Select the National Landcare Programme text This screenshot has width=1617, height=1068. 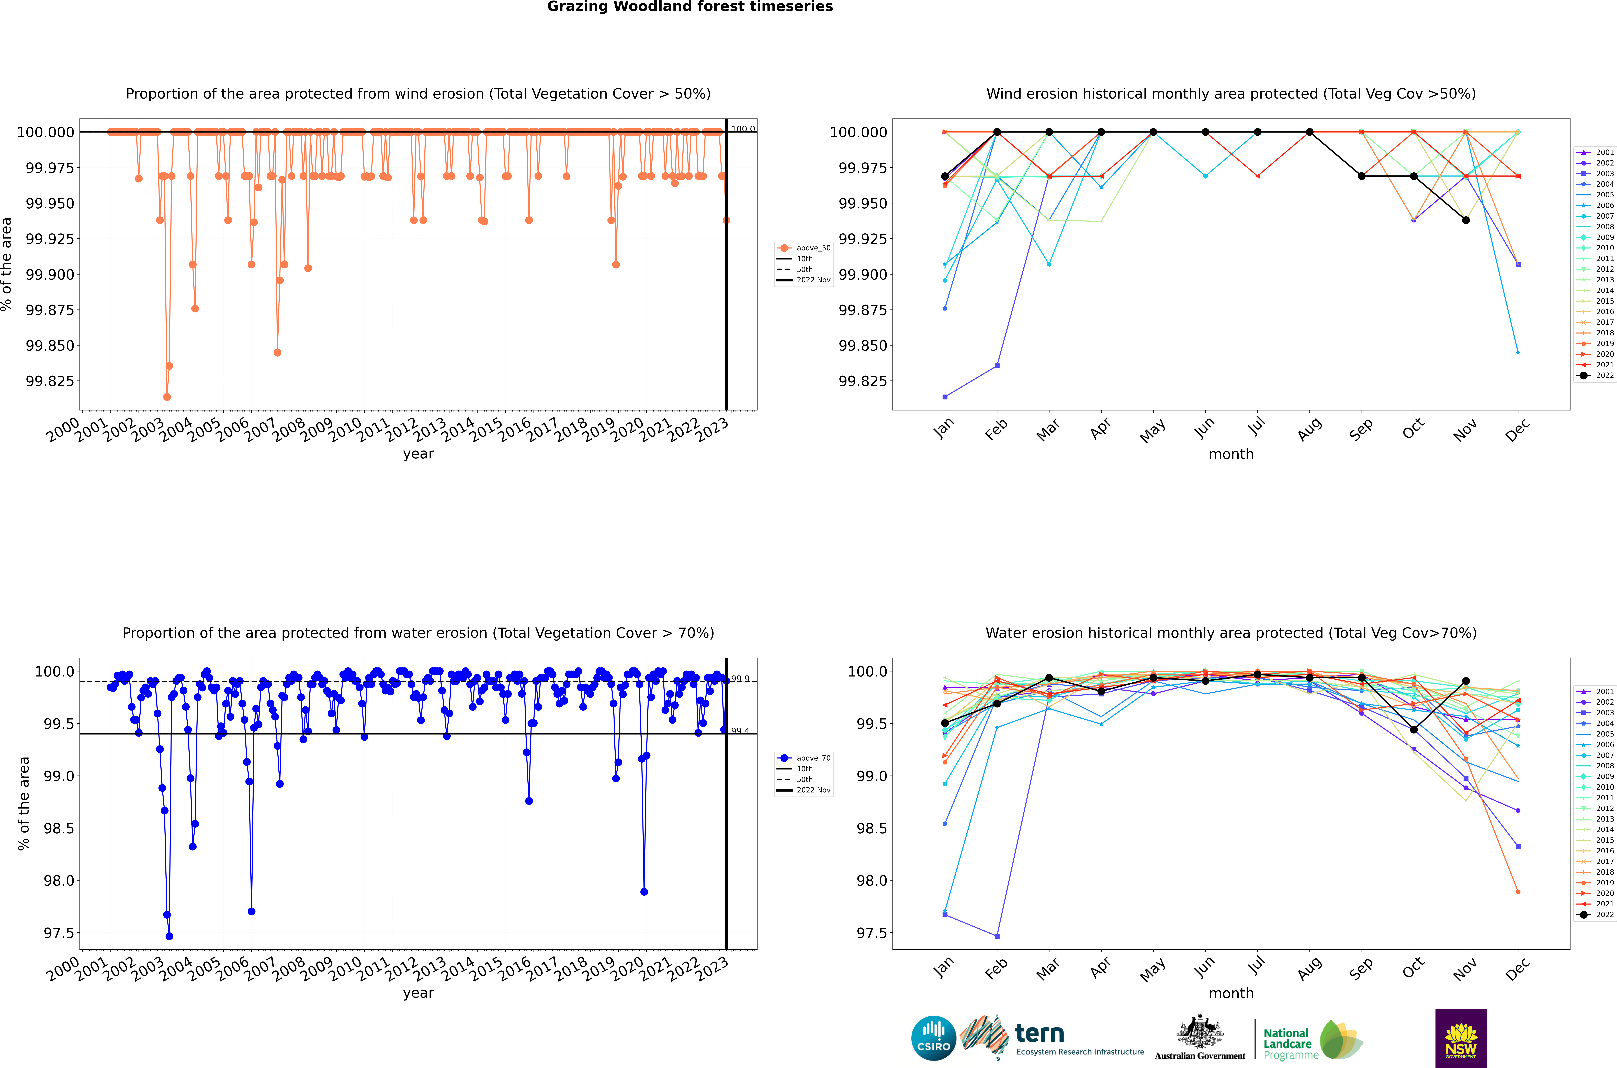point(1287,1043)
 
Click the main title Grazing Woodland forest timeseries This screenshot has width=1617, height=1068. point(690,7)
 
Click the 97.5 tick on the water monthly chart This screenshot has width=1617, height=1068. point(869,933)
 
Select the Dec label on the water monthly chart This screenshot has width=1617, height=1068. point(1518,969)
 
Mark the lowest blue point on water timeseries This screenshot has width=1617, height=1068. point(169,936)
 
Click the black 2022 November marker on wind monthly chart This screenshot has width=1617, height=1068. point(1466,220)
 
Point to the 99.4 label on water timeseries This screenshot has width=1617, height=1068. point(740,731)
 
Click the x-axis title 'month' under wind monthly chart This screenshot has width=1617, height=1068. point(1231,454)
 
